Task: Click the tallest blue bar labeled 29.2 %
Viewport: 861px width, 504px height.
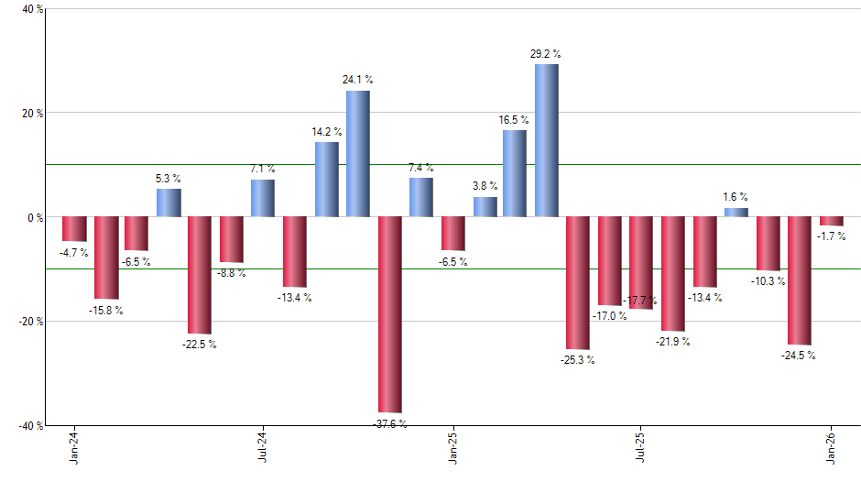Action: click(546, 140)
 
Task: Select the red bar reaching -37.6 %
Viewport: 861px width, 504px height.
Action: click(389, 314)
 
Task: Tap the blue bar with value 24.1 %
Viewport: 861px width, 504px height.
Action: click(357, 154)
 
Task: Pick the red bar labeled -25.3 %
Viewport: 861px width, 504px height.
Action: click(577, 283)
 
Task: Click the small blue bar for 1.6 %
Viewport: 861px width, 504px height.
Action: click(736, 213)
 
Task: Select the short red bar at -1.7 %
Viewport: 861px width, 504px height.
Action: click(831, 221)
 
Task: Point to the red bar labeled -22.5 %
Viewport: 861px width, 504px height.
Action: click(200, 275)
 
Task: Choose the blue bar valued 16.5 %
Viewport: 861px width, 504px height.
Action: click(515, 173)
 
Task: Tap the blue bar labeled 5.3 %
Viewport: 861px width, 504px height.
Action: click(169, 203)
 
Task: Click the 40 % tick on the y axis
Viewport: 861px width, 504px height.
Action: click(32, 10)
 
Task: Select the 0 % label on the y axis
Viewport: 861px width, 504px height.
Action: click(36, 218)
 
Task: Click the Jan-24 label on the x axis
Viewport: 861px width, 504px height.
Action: click(73, 447)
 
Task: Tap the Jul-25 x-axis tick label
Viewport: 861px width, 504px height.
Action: click(639, 447)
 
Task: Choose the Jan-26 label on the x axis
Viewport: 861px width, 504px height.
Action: click(831, 447)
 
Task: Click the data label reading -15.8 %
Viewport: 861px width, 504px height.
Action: click(105, 311)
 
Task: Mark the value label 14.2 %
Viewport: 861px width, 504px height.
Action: click(326, 132)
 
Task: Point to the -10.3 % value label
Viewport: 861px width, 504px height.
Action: click(768, 281)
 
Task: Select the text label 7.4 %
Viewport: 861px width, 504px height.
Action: click(421, 168)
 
